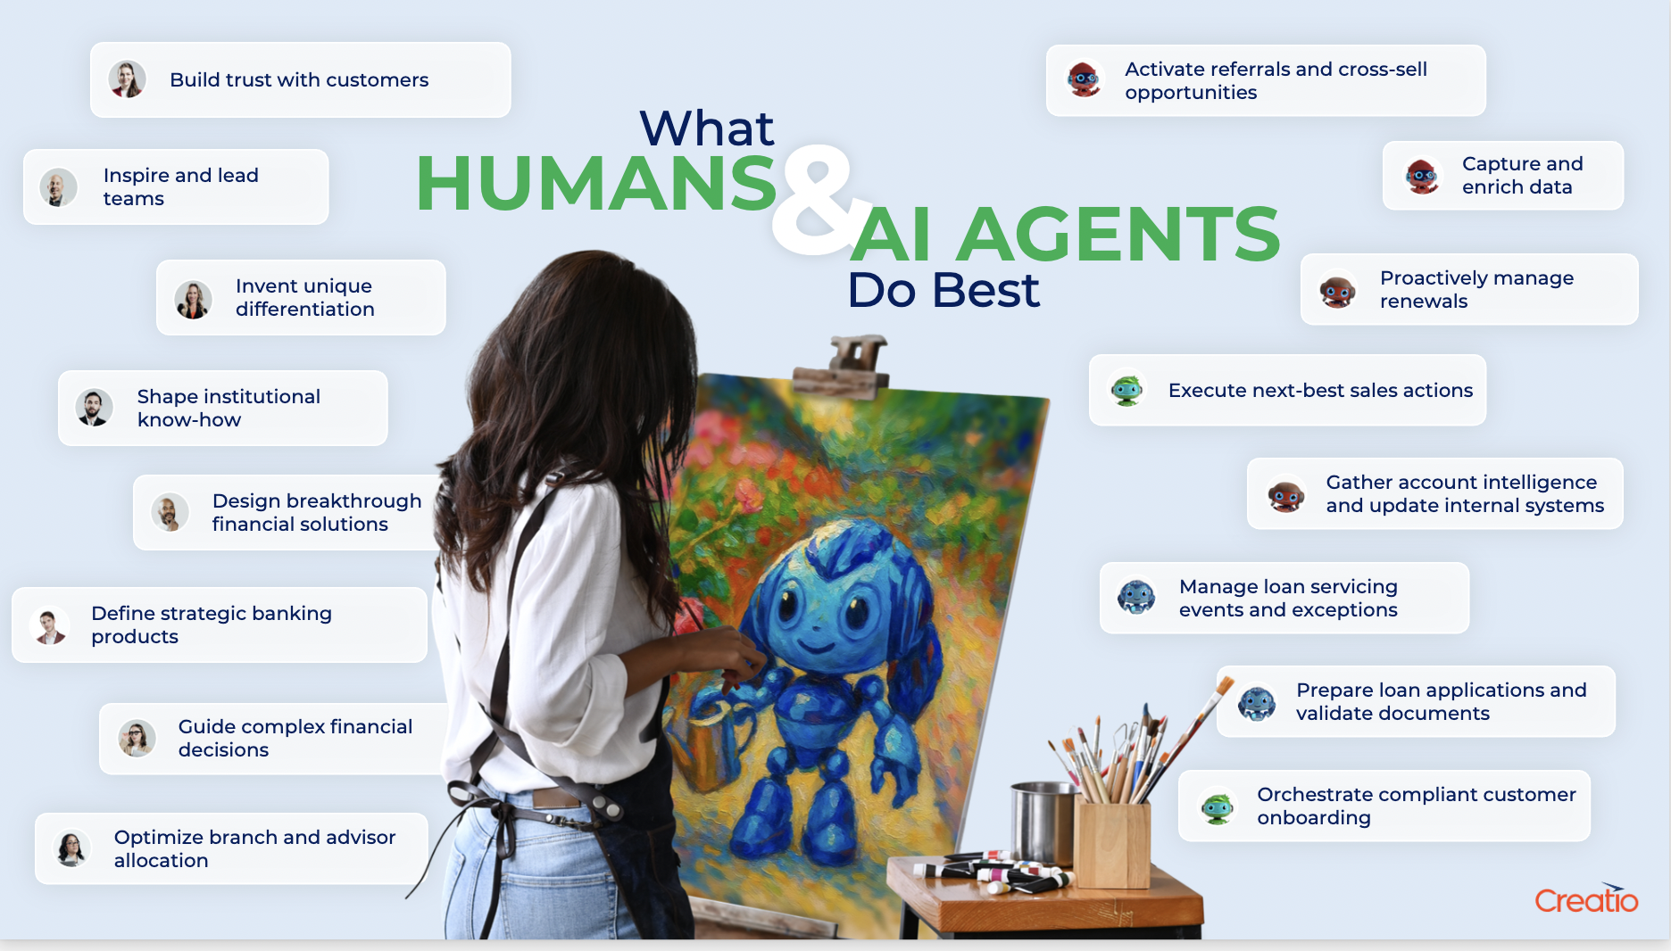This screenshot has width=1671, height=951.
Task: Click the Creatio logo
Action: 1586,899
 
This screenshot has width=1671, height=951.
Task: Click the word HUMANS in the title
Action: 595,184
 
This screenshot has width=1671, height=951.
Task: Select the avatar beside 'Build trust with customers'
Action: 128,79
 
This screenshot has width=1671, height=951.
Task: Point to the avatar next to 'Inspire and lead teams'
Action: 59,187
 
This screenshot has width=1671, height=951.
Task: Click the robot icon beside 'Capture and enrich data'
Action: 1422,176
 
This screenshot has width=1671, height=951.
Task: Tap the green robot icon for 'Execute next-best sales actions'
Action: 1127,390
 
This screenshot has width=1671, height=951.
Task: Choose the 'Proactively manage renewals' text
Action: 1476,289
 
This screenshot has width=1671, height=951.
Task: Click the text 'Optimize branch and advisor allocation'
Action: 254,848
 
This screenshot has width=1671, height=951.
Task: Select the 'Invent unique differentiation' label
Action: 304,297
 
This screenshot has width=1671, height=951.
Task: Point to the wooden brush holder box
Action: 1112,843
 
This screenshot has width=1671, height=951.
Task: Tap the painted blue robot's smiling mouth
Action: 816,644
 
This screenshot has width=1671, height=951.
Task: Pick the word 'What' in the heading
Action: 706,128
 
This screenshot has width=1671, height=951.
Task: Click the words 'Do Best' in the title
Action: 943,290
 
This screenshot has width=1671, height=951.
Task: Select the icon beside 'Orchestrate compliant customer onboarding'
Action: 1218,806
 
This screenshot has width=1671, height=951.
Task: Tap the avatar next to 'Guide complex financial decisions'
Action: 137,738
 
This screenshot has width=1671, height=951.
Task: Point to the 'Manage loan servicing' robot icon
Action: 1137,598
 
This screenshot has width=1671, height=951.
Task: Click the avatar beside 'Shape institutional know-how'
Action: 95,408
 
